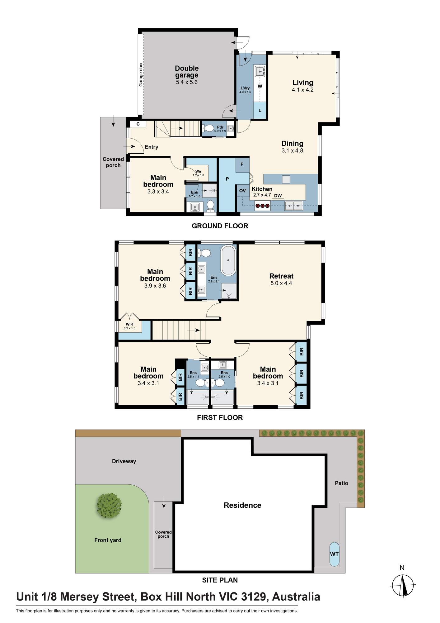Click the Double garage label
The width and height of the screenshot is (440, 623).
click(x=187, y=72)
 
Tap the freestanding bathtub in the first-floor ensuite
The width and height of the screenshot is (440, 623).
click(x=228, y=260)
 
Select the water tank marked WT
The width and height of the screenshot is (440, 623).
click(x=334, y=554)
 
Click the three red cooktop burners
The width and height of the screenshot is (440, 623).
click(x=262, y=206)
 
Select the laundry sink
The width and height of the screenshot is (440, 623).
click(x=260, y=72)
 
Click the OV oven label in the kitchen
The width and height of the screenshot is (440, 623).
click(x=242, y=191)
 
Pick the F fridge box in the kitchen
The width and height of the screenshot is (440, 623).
click(x=242, y=165)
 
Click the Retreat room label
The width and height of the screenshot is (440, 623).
click(x=281, y=276)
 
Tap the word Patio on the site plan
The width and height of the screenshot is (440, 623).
click(x=341, y=483)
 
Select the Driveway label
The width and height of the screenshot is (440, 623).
click(x=124, y=461)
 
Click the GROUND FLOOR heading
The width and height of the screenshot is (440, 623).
click(x=220, y=226)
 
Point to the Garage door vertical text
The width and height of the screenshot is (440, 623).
click(x=141, y=74)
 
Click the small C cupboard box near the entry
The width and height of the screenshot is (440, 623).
click(x=138, y=124)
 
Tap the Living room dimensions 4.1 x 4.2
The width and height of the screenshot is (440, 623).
click(x=303, y=90)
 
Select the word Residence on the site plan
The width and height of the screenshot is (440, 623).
click(x=242, y=505)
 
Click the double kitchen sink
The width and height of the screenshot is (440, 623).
click(x=294, y=206)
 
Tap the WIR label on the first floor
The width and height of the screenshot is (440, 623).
click(x=129, y=324)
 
